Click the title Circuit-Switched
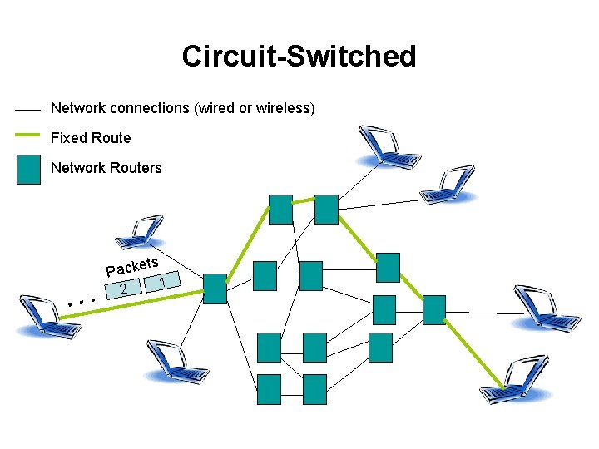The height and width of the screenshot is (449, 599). (299, 57)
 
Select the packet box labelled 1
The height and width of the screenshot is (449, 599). (163, 284)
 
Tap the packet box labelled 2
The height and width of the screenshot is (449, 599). (122, 289)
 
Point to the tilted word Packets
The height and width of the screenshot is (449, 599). (132, 266)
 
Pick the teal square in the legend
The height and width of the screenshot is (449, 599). (28, 169)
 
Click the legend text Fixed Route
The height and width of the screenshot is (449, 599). (91, 137)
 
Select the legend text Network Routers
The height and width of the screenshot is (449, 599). (106, 168)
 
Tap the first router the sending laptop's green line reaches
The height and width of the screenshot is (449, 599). (215, 289)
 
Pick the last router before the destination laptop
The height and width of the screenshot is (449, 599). (434, 309)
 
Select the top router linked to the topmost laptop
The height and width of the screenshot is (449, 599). (326, 210)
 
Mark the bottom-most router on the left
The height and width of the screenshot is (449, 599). (270, 389)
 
